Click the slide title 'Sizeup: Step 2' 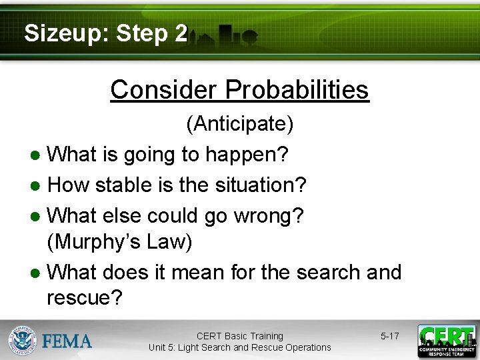coord(105,33)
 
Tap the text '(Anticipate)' coord(239,123)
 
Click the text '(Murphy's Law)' coord(119,242)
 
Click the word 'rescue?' coord(85,298)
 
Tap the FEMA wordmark coord(67,341)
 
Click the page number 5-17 coord(389,336)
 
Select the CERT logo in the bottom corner coord(446,341)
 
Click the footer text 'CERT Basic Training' coord(239,336)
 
